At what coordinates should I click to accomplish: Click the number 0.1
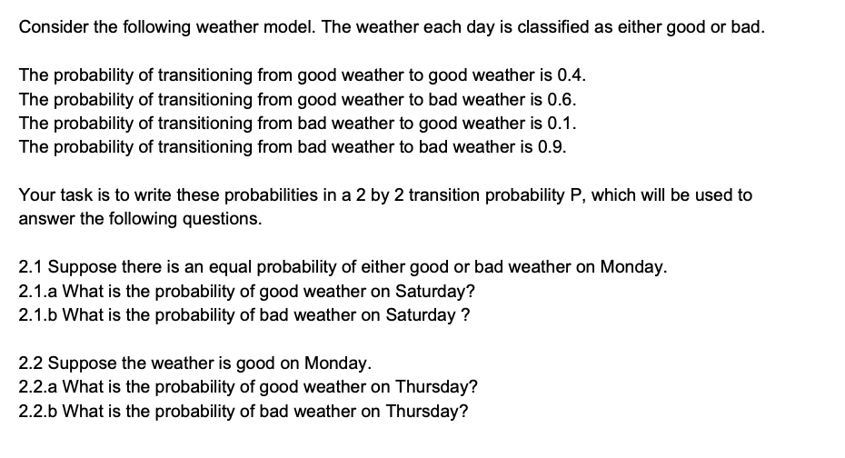[x=562, y=124]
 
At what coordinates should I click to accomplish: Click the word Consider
[x=52, y=25]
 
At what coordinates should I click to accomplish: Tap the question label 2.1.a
[x=38, y=292]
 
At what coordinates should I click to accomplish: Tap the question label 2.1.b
[x=38, y=316]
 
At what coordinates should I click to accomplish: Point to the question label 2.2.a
[x=38, y=387]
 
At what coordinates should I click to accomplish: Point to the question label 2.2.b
[x=38, y=411]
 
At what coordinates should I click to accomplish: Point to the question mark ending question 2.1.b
[x=465, y=316]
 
